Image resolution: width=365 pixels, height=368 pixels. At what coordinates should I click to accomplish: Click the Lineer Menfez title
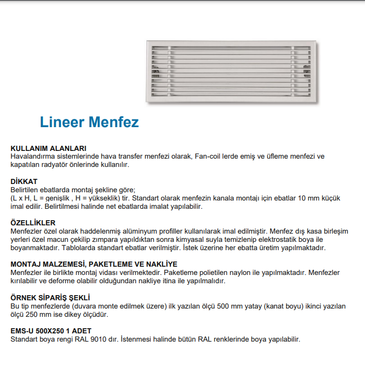89,122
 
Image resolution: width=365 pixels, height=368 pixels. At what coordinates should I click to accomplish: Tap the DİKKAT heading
24,182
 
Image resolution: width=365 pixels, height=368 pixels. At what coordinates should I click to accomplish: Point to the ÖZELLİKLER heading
33,223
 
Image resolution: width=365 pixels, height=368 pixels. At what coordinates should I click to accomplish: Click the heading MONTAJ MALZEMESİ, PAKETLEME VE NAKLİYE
94,264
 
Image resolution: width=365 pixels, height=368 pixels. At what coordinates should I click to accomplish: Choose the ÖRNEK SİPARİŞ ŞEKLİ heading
51,298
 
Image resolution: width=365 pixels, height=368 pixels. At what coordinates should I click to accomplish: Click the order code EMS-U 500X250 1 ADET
52,331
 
